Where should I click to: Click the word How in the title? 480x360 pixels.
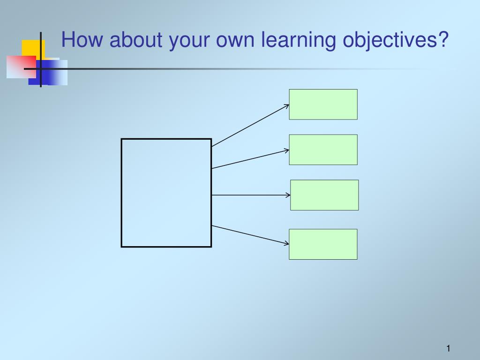pos(82,39)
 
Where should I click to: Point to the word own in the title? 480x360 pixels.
pos(235,41)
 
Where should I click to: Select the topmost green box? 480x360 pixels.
pos(323,105)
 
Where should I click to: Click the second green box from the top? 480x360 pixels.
pos(323,150)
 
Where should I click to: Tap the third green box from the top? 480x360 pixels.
pos(324,195)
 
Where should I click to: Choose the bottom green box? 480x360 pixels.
pos(323,244)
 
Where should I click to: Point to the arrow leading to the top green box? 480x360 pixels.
pos(250,126)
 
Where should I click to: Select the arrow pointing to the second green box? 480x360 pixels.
pos(250,159)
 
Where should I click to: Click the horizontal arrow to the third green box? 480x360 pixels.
pos(251,195)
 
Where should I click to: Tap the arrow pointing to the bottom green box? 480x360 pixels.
pos(250,235)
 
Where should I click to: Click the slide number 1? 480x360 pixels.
pos(448,348)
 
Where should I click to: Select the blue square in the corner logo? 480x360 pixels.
pos(48,73)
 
